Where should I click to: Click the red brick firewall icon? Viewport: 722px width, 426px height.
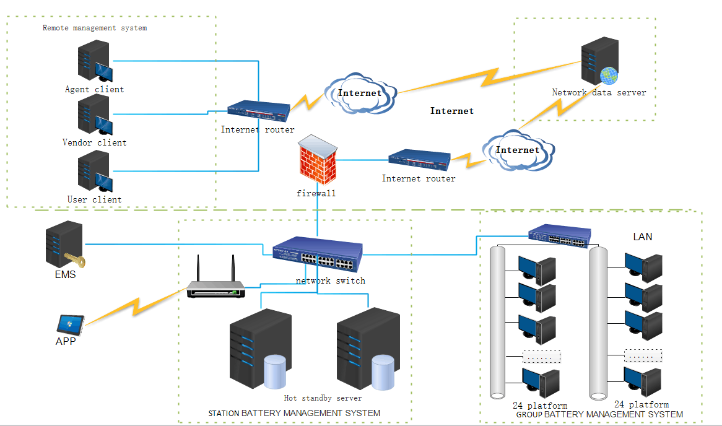[318, 160]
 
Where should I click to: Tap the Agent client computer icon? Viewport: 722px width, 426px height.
[95, 63]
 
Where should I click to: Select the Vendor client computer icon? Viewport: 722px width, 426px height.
[95, 116]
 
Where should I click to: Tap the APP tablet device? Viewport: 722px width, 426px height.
[69, 324]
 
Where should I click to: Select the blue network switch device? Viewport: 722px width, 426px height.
[318, 254]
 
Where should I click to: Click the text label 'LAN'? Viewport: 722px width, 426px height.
[643, 237]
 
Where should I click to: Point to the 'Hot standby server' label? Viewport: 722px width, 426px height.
[323, 398]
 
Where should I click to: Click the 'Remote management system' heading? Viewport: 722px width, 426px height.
[95, 28]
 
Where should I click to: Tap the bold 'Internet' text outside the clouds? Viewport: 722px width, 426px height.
[452, 111]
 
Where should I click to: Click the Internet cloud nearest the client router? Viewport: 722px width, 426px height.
[360, 93]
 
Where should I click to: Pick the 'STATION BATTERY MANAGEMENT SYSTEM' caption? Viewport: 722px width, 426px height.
[294, 413]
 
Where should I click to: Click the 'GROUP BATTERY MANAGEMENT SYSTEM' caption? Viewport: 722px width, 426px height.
[599, 414]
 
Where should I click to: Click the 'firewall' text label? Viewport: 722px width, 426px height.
[316, 193]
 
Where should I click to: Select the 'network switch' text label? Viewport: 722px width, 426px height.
[330, 280]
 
